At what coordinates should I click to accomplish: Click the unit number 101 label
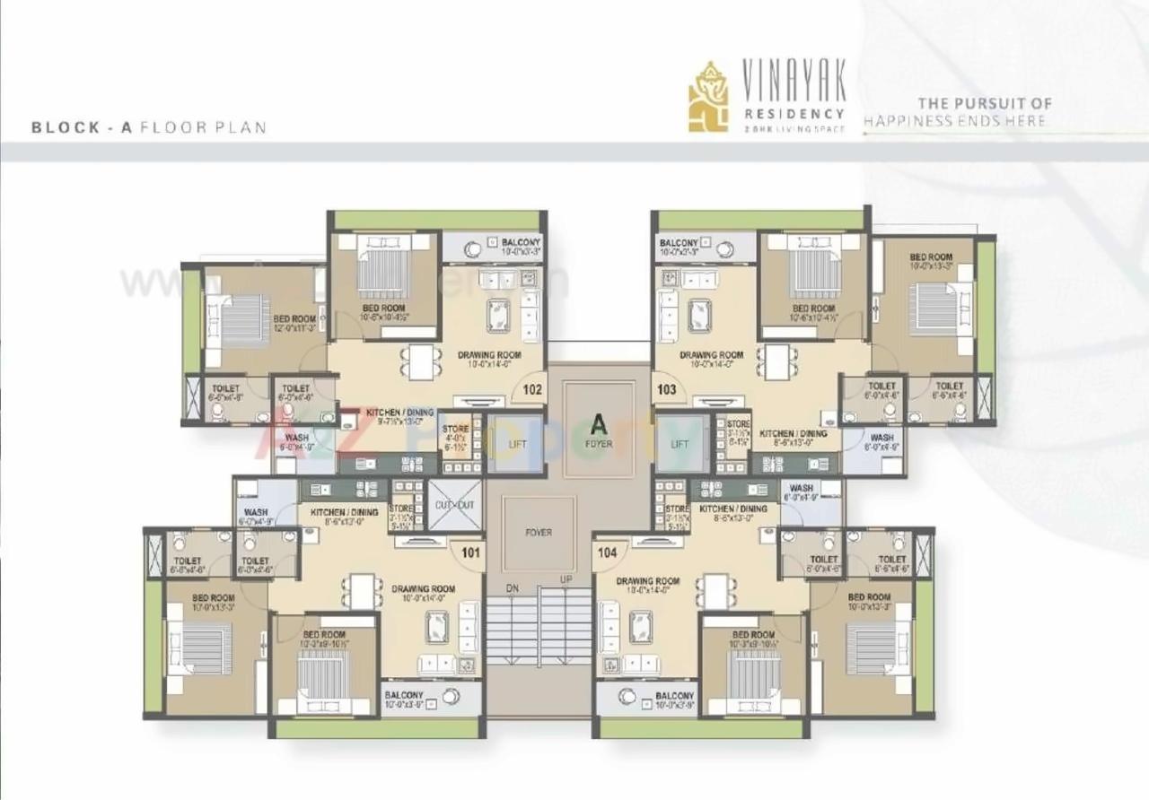pos(470,553)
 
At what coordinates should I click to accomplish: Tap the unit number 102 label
pos(533,390)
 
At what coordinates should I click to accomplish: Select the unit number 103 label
pos(667,390)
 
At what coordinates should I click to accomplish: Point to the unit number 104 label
pos(607,553)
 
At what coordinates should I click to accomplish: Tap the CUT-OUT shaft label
pos(454,505)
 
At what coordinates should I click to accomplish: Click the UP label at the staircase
pos(566,579)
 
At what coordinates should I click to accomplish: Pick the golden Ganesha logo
pos(708,97)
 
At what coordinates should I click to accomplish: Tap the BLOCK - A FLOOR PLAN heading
pos(149,127)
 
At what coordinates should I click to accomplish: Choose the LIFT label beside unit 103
pos(680,444)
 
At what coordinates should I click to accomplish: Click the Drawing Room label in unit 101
pos(423,589)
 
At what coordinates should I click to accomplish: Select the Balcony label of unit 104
pos(674,696)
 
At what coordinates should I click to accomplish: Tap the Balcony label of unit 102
pos(521,243)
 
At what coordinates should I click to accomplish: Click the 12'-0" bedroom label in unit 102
pos(294,319)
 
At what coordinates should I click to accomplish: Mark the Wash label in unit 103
pos(881,439)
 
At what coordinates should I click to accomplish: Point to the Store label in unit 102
pos(455,430)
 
